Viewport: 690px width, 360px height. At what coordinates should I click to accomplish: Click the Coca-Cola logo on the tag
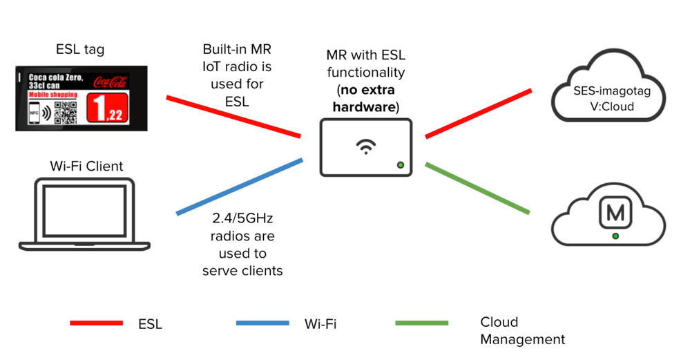point(111,81)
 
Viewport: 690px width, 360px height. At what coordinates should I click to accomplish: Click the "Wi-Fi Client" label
point(86,166)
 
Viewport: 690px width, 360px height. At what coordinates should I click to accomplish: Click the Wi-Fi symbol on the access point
point(365,146)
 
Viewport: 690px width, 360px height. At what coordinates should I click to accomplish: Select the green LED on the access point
point(400,165)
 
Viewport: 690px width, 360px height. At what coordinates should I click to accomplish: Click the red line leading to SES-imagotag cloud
point(478,113)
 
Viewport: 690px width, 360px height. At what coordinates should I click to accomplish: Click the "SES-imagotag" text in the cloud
point(607,91)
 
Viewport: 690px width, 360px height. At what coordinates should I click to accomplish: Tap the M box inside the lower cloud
point(615,212)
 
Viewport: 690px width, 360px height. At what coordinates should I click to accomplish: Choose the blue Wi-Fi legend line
point(262,323)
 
